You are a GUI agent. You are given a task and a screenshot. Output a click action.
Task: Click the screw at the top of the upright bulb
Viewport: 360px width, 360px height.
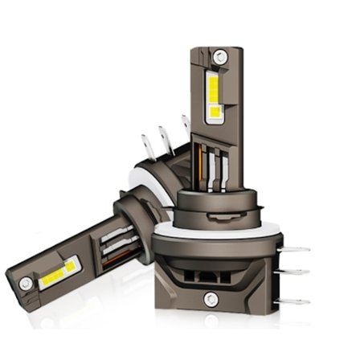219,57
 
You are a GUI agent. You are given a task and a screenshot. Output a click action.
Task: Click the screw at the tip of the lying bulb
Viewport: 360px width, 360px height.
27,283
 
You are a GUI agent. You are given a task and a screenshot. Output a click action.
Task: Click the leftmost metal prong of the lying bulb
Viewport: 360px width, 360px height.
146,145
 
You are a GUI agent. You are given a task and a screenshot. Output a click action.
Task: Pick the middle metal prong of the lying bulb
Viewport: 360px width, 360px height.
166,136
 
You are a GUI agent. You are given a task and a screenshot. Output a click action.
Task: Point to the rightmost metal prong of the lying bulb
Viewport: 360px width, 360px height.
186,125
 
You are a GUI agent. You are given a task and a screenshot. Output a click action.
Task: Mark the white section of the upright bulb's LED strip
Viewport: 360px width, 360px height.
215,112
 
